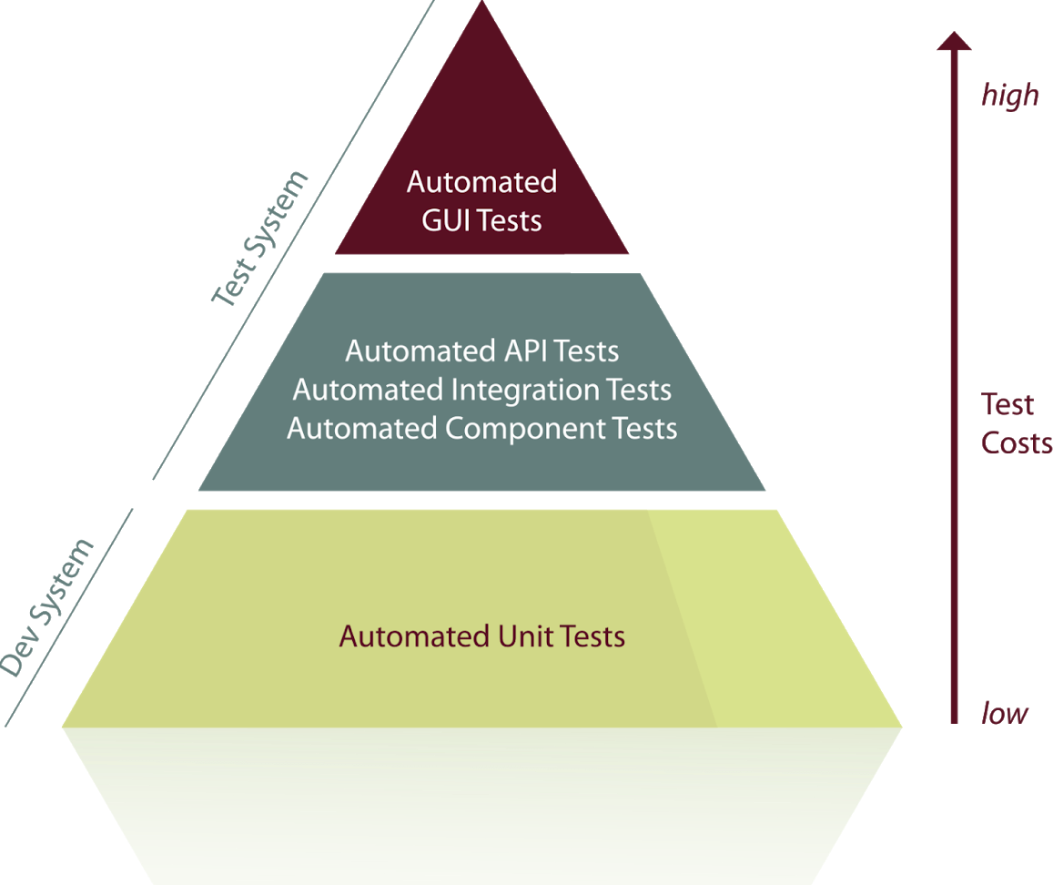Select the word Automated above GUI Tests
(481, 182)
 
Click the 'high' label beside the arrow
(1008, 95)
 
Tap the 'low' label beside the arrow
(1004, 714)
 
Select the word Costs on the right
(1016, 443)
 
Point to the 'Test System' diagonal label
(259, 239)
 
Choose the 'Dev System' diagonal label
(47, 608)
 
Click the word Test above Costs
(1007, 404)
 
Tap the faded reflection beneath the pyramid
(482, 801)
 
